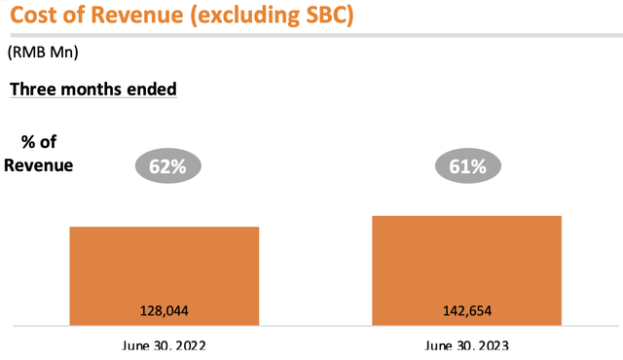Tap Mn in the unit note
[x=62, y=54]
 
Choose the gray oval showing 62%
[x=167, y=166]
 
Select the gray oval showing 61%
[x=467, y=166]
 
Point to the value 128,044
[x=165, y=311]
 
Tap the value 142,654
[x=467, y=311]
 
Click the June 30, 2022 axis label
[x=165, y=346]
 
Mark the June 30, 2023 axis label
[x=467, y=346]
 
